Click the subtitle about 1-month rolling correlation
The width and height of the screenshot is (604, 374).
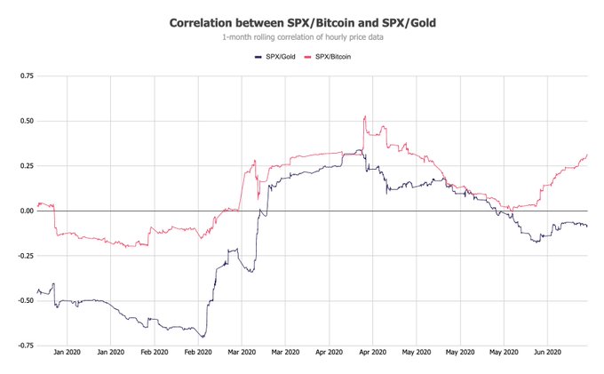click(301, 38)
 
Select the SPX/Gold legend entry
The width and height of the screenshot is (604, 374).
click(271, 56)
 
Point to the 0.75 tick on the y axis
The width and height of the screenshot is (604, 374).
click(26, 76)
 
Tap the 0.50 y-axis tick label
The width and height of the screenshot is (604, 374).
click(26, 121)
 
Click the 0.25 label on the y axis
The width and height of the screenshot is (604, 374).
click(26, 166)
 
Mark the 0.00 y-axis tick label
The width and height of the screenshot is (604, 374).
click(26, 211)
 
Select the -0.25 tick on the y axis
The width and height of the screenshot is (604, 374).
click(24, 256)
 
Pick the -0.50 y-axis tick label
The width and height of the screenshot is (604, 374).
click(24, 300)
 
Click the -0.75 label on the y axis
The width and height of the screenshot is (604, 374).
click(24, 346)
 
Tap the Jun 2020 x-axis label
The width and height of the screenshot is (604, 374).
click(546, 353)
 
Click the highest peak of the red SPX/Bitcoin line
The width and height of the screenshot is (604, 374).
click(365, 115)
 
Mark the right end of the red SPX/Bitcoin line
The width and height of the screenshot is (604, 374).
click(587, 155)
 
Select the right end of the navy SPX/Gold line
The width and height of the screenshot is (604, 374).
click(587, 226)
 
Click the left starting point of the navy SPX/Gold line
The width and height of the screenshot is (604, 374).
click(36, 291)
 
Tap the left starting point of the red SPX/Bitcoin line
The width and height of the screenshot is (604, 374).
click(36, 205)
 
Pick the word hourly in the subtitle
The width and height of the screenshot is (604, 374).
click(333, 38)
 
